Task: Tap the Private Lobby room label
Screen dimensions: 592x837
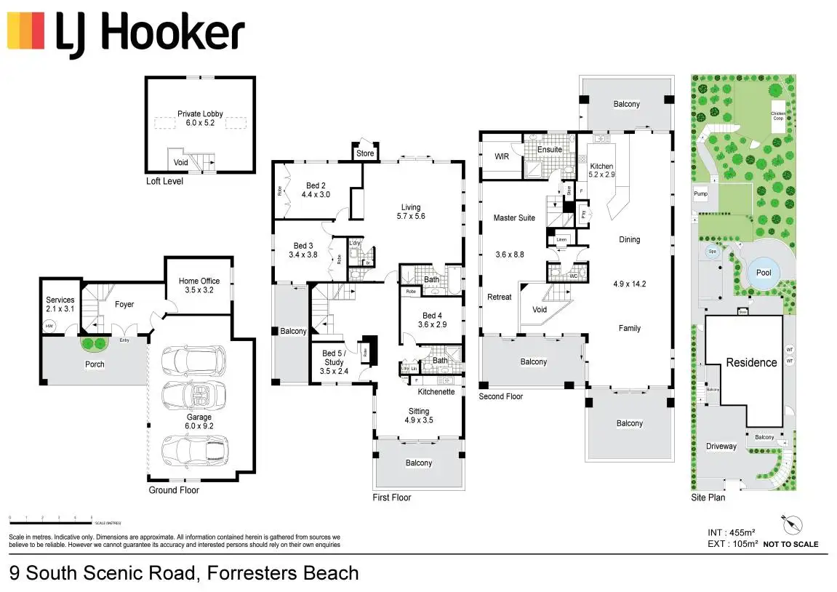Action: pos(200,114)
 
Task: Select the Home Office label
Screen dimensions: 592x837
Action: pos(199,281)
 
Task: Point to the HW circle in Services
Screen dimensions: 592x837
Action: pos(49,327)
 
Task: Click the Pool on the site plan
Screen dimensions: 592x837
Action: pos(764,273)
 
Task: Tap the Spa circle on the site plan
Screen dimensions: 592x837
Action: pos(712,252)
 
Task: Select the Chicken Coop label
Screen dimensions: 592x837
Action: pos(778,115)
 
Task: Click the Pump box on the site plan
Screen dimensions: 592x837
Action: pos(700,194)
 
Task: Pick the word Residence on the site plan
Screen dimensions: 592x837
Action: pos(751,362)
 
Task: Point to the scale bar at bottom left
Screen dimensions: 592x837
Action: pos(50,519)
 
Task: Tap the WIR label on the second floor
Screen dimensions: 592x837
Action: pos(501,156)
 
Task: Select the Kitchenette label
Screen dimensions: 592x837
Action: pos(436,392)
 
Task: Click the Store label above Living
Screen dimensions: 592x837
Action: pos(365,153)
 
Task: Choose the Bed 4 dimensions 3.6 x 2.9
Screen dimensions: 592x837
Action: pos(432,324)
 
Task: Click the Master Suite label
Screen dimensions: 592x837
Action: pos(514,217)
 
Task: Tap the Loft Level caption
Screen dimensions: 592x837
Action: pos(164,181)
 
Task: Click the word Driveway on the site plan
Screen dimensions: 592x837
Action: pos(721,447)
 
